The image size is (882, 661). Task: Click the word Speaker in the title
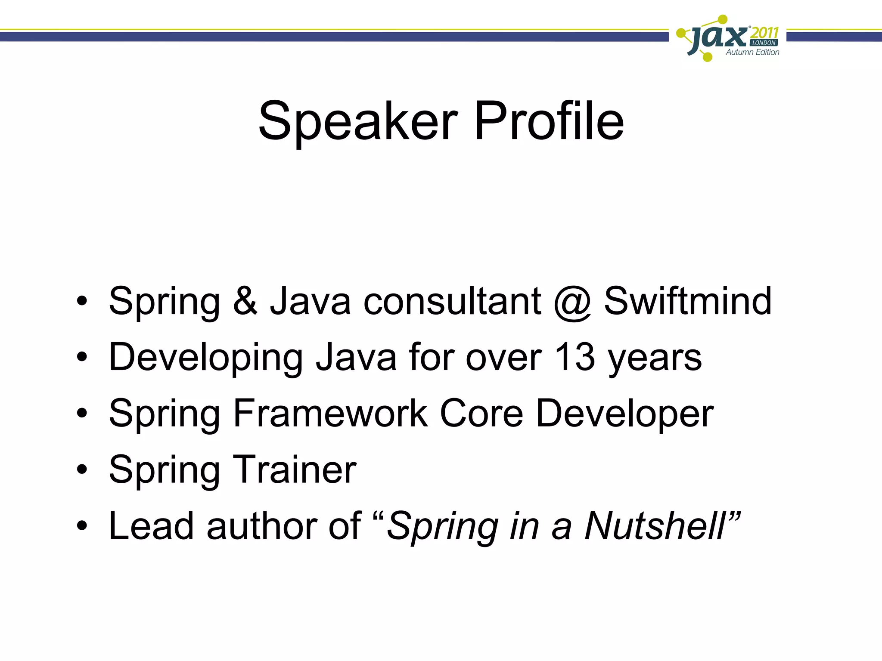(x=358, y=121)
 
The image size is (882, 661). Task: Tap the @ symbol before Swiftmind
(x=572, y=303)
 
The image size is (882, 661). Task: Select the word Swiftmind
(x=688, y=301)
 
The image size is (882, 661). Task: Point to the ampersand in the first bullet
(x=245, y=301)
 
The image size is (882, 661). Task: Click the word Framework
(x=330, y=414)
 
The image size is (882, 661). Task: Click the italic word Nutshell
(x=655, y=526)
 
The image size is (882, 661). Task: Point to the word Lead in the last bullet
(x=151, y=526)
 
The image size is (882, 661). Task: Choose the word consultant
(x=452, y=301)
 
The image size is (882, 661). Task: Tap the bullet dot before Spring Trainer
(x=82, y=470)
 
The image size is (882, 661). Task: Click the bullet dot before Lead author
(x=82, y=526)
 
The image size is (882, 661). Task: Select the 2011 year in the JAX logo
(x=764, y=33)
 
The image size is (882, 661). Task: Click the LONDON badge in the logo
(x=764, y=43)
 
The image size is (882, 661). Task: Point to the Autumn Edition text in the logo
(x=752, y=53)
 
